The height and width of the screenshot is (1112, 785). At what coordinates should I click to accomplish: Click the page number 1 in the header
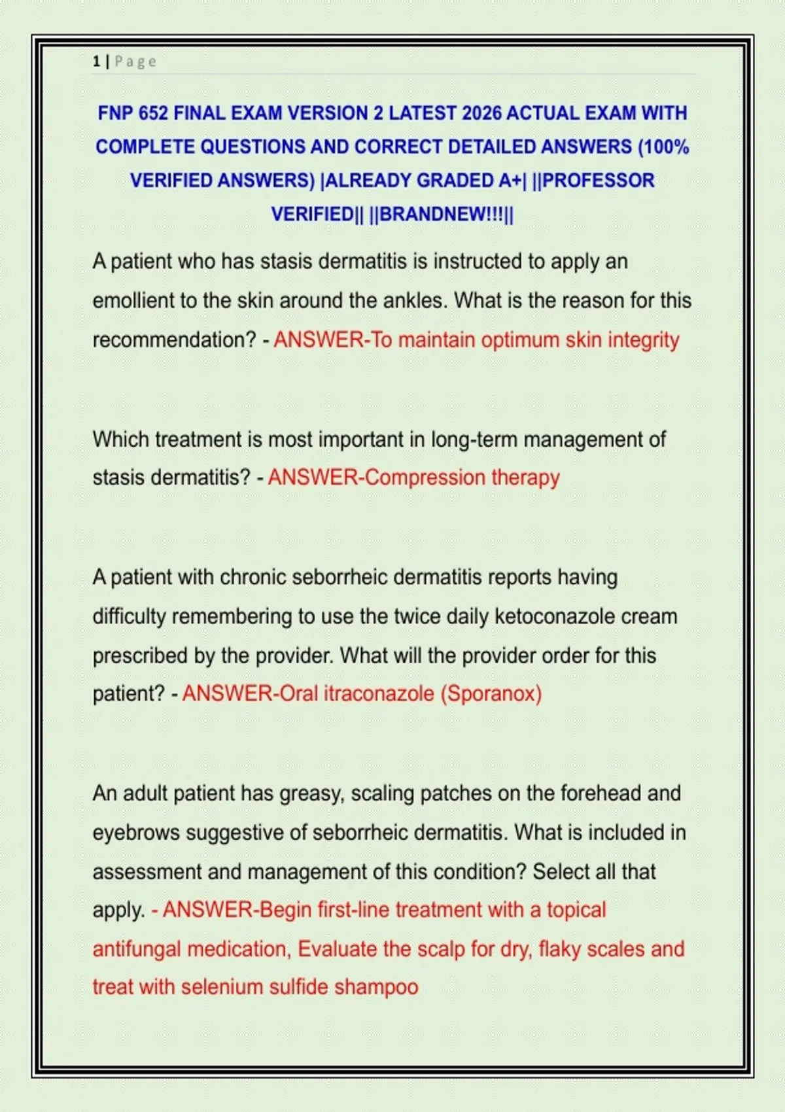coord(96,61)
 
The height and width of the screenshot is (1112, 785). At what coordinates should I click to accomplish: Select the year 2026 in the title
coord(481,113)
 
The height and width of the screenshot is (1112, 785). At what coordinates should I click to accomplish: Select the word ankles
coord(415,301)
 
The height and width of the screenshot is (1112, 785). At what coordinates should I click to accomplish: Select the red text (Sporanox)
coord(491,693)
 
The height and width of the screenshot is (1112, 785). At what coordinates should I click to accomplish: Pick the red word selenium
coord(222,987)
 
